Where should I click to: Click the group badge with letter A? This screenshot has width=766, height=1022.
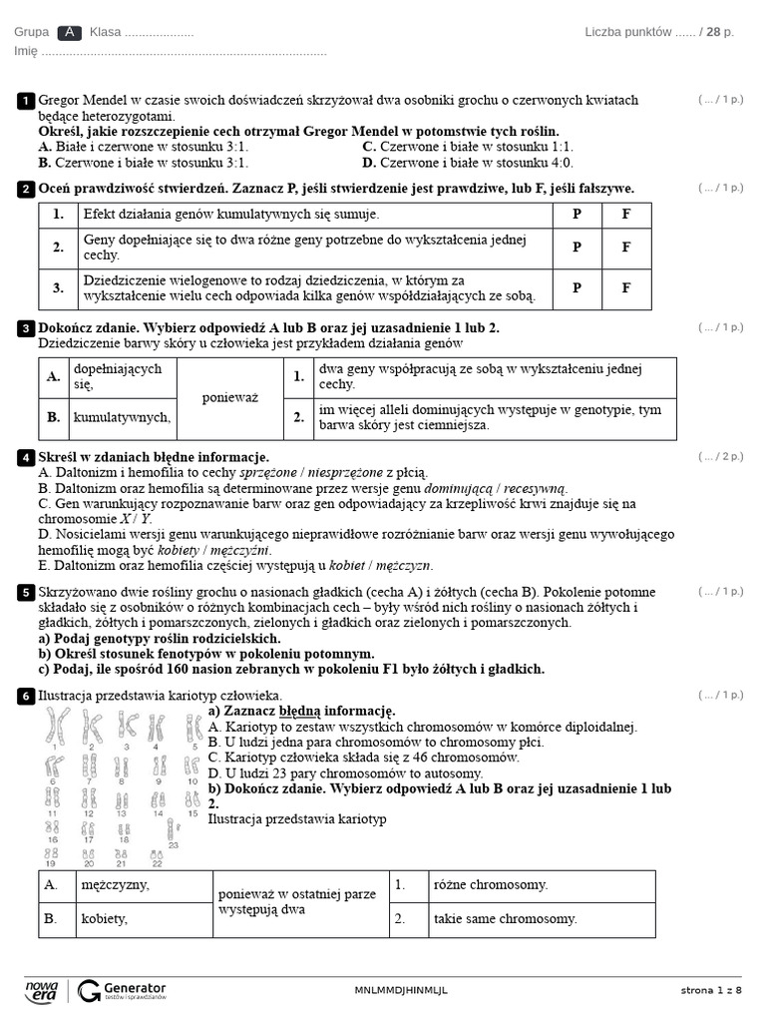click(69, 32)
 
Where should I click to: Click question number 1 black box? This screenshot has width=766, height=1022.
click(25, 101)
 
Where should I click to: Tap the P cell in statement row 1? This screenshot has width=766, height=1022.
click(577, 215)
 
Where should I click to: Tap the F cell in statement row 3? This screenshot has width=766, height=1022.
click(626, 288)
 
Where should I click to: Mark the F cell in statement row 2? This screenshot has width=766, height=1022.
click(626, 248)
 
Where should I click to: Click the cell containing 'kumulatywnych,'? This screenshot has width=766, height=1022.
click(122, 418)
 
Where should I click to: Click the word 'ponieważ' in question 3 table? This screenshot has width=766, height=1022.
click(230, 397)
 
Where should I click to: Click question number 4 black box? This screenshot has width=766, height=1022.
click(25, 457)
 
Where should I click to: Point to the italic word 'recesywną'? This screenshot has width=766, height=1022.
click(537, 488)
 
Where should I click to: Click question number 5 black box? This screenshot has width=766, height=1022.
click(25, 593)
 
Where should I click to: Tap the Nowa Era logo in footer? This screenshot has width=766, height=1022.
click(42, 989)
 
